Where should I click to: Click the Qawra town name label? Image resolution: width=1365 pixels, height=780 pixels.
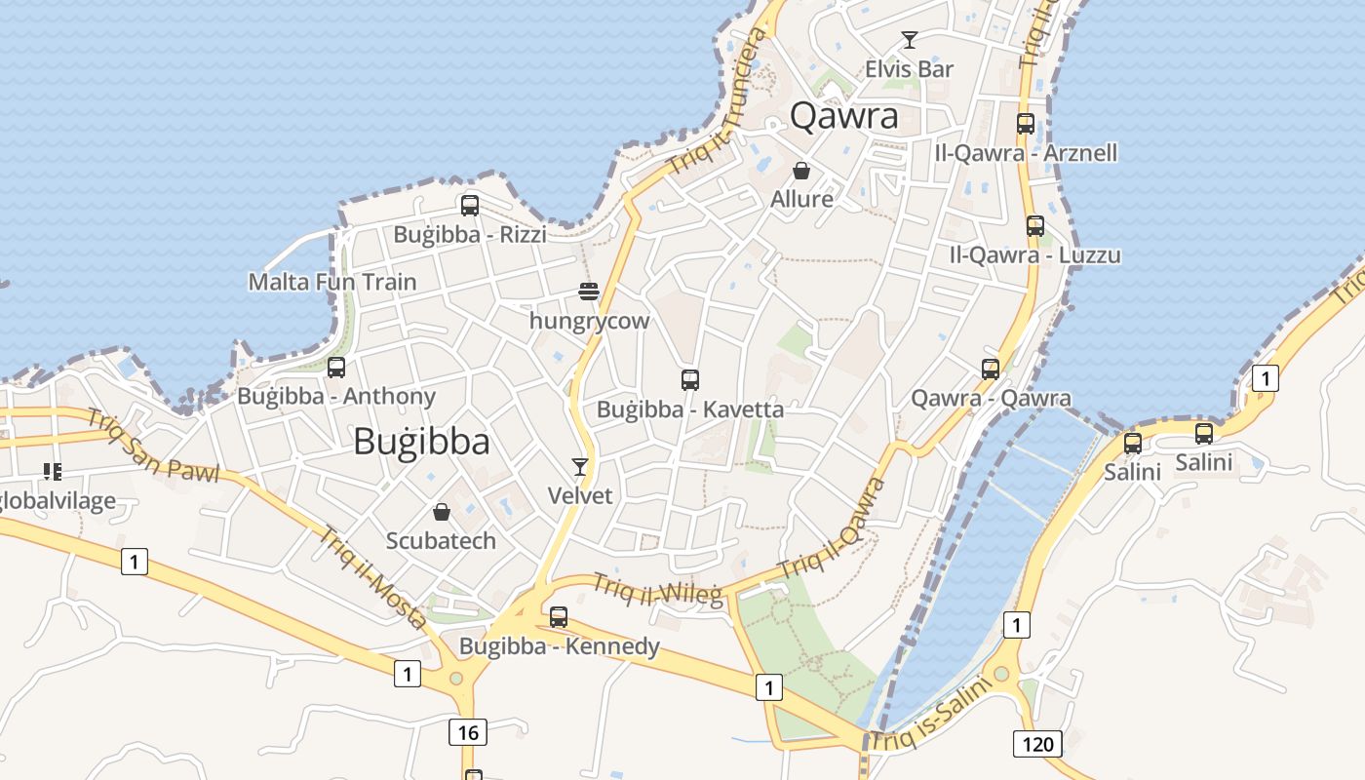tap(843, 116)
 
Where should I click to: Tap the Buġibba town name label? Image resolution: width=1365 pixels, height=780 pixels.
tap(421, 442)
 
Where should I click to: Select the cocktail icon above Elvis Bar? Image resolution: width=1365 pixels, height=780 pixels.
tap(910, 40)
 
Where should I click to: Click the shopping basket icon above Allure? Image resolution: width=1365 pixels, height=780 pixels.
tap(801, 171)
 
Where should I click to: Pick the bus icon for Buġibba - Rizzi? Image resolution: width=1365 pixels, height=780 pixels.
tap(470, 206)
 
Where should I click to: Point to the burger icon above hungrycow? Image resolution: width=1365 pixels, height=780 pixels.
tap(588, 292)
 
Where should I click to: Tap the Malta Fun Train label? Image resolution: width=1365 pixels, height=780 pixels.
tap(332, 282)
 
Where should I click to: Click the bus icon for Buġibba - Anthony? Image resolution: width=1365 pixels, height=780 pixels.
tap(336, 368)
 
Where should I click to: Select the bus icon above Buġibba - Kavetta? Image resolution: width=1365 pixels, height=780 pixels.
tap(690, 380)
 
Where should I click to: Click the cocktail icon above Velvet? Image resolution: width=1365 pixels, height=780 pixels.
tap(580, 467)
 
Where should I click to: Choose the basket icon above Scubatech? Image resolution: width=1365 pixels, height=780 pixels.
tap(442, 512)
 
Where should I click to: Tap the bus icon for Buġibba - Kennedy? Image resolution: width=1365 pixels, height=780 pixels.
tap(559, 617)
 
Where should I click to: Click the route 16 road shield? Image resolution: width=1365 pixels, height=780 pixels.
tap(469, 731)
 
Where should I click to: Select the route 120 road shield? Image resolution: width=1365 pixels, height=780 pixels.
tap(1037, 745)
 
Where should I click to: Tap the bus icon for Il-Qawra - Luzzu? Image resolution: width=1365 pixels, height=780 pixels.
tap(1035, 226)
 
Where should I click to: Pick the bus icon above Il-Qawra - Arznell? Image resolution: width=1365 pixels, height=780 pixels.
tap(1026, 124)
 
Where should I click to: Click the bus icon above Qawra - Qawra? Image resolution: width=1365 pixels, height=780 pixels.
tap(991, 370)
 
